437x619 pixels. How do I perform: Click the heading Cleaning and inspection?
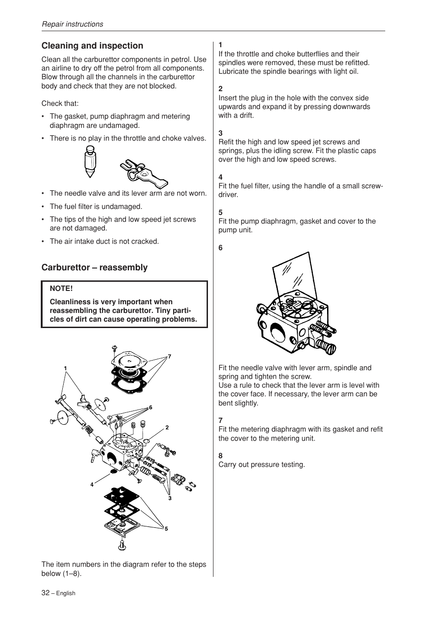pyautogui.click(x=92, y=46)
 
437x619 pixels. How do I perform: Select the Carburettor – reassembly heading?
pyautogui.click(x=94, y=268)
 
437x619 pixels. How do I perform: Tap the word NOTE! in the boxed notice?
pyautogui.click(x=61, y=289)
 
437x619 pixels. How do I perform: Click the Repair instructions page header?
pyautogui.click(x=72, y=24)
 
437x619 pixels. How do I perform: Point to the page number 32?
pyautogui.click(x=45, y=592)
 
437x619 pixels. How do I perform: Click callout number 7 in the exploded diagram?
pyautogui.click(x=169, y=356)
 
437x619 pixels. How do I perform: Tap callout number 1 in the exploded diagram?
pyautogui.click(x=66, y=368)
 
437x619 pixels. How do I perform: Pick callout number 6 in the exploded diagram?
pyautogui.click(x=150, y=407)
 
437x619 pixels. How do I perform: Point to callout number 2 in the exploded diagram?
pyautogui.click(x=167, y=427)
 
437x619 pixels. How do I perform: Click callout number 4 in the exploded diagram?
pyautogui.click(x=92, y=484)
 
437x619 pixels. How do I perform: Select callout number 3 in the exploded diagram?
pyautogui.click(x=169, y=498)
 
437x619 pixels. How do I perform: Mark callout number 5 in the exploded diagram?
pyautogui.click(x=166, y=529)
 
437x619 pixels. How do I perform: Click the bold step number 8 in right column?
pyautogui.click(x=220, y=456)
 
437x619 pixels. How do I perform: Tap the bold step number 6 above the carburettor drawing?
pyautogui.click(x=220, y=248)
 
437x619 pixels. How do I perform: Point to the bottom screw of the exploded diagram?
pyautogui.click(x=122, y=545)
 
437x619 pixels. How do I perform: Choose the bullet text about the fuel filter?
pyautogui.click(x=96, y=207)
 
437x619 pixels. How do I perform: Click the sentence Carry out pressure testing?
pyautogui.click(x=261, y=465)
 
